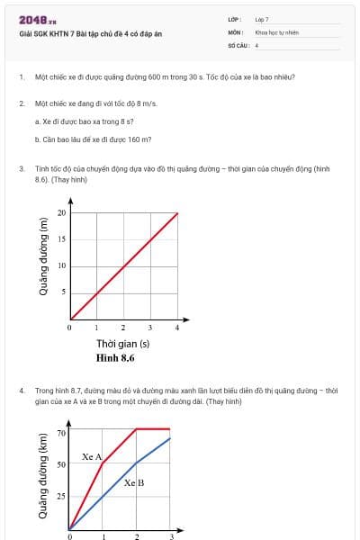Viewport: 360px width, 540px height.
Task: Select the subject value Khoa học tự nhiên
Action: pos(276,31)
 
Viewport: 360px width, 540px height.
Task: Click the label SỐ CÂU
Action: pos(237,44)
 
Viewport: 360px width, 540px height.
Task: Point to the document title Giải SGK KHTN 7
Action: pos(90,33)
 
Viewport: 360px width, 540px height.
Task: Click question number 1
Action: pos(21,77)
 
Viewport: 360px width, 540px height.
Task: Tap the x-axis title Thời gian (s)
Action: pos(122,344)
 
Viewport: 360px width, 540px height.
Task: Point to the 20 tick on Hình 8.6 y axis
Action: pos(61,213)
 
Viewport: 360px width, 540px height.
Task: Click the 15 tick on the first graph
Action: pos(61,239)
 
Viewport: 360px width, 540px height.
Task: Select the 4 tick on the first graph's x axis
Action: pos(177,328)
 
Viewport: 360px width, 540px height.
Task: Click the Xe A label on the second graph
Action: pos(91,456)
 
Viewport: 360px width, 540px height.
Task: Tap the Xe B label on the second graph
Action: pos(134,482)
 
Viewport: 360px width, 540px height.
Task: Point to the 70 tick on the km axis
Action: pos(61,433)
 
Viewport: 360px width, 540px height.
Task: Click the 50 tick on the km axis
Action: pos(61,464)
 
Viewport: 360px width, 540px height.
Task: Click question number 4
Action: pos(21,391)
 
